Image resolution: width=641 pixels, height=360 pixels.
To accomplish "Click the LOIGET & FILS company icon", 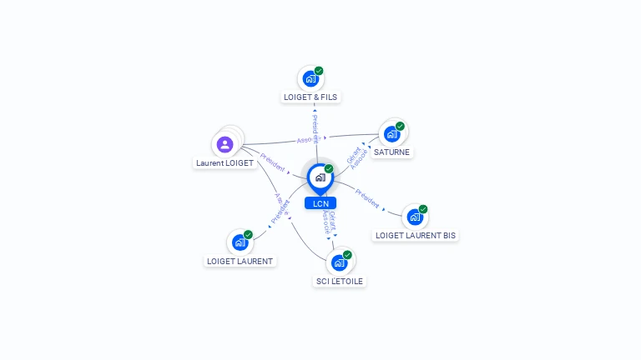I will coord(310,79).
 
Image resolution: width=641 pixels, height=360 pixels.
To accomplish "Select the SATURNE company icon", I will coord(391,134).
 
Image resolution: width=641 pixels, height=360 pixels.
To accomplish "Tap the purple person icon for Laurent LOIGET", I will coord(225,144).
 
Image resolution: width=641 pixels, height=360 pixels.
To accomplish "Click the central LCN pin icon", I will coord(320,177).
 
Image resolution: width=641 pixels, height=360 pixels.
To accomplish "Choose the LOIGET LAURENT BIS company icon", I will coord(415,217).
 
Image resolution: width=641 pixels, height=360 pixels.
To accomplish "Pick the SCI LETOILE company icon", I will coord(339,262).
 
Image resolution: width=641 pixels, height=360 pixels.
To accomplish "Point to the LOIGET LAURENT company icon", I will coord(240,242).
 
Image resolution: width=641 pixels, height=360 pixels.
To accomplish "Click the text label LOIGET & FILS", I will coord(310,97).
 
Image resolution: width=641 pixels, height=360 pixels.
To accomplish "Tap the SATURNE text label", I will coord(391,152).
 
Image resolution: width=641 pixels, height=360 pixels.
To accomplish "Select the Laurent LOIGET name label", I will coord(225,163).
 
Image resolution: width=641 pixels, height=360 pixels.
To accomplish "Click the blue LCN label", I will coord(320,203).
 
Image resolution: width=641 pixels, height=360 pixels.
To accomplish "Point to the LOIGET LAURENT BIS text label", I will coord(416,236).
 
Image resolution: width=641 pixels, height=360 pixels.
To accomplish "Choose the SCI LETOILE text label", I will coord(340,282).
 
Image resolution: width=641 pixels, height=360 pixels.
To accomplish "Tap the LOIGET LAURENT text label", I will coord(240,262).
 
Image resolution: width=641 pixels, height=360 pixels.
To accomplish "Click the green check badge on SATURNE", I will coord(400,126).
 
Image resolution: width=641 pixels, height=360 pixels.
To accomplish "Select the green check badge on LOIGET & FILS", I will coord(319,71).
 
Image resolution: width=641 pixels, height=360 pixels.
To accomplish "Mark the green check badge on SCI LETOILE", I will coord(347,254).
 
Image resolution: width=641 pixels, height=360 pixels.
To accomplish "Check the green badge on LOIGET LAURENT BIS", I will coord(423,209).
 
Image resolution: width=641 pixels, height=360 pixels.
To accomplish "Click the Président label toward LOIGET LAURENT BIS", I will coord(368,198).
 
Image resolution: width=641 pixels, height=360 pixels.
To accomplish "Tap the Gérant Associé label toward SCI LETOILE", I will coord(331,221).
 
